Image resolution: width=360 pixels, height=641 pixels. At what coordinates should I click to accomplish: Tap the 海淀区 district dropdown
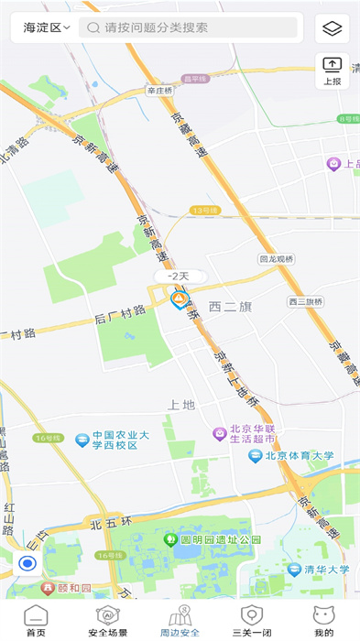(47, 27)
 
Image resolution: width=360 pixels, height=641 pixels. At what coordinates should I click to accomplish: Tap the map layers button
(332, 28)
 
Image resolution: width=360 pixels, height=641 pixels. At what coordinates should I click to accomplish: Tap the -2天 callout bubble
(178, 276)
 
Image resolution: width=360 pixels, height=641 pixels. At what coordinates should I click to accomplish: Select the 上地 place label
(181, 404)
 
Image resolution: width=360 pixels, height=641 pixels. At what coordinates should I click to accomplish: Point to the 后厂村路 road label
(120, 312)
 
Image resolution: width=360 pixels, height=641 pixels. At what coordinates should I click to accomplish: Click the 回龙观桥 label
(276, 259)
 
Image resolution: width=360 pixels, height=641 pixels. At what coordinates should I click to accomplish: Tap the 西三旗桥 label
(305, 301)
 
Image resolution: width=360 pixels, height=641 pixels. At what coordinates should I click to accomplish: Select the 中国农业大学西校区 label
(113, 440)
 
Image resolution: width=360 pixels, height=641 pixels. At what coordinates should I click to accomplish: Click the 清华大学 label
(326, 569)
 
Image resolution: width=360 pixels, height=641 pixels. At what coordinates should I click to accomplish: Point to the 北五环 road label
(108, 525)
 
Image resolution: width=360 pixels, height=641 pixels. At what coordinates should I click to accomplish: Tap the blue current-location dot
(27, 563)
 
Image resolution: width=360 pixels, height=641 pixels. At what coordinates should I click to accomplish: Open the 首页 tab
(36, 621)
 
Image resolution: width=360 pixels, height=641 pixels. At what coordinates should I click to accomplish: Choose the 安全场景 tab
(108, 621)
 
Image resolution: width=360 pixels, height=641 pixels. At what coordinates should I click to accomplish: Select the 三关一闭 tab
(251, 621)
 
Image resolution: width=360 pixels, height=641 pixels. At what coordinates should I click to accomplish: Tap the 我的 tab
(323, 621)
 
